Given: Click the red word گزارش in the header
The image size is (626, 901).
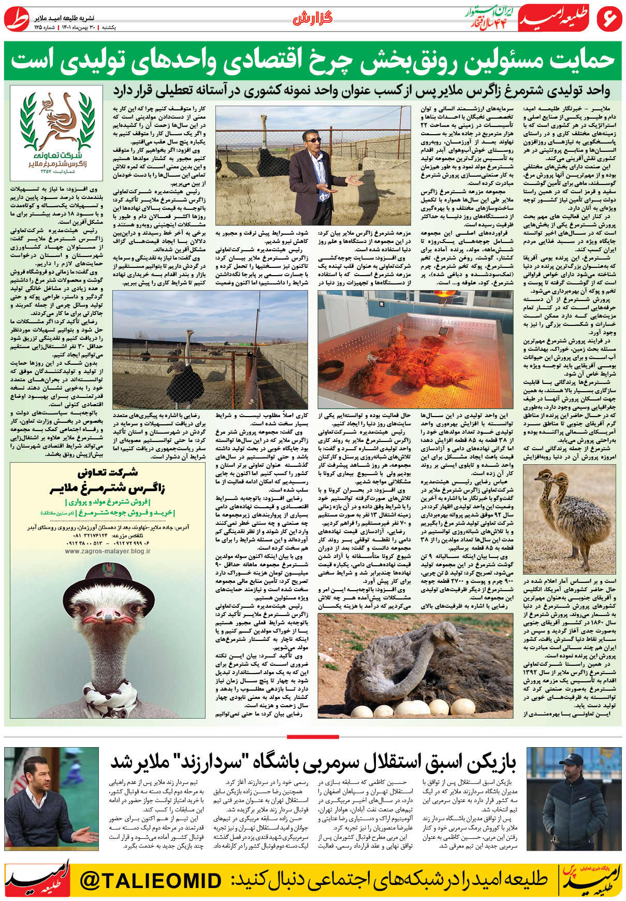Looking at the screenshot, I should pos(312,19).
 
